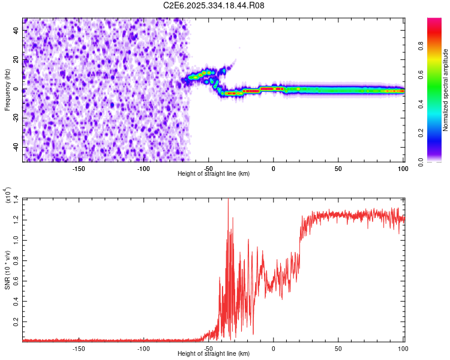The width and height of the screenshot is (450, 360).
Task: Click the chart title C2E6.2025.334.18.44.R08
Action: (214, 6)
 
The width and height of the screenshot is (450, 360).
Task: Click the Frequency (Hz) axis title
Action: (7, 89)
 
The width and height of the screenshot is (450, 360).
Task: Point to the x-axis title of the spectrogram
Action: (214, 173)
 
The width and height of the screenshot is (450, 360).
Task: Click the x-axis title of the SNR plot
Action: (214, 353)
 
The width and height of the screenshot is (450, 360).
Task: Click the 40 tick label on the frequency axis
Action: (15, 31)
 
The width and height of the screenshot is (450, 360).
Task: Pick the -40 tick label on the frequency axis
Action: (13, 148)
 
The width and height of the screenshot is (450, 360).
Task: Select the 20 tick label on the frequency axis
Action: (15, 60)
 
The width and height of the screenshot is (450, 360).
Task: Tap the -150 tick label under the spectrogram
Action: (78, 169)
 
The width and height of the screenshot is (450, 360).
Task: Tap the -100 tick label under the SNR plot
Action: (143, 349)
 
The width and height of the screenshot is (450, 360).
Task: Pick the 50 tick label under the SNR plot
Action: (338, 349)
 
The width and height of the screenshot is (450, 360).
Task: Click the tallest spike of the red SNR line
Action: (228, 200)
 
